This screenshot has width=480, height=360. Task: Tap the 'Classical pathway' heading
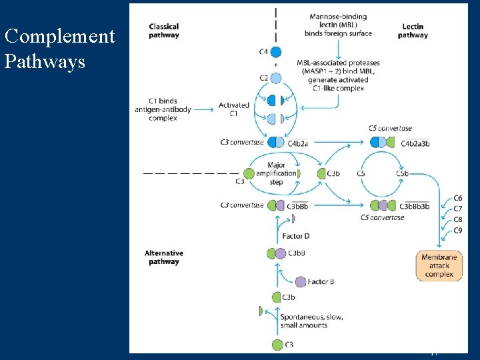tap(164, 31)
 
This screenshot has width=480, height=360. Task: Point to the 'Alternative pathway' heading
tap(164, 257)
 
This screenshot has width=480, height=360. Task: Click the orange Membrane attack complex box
tap(439, 265)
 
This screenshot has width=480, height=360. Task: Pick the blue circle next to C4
tap(276, 51)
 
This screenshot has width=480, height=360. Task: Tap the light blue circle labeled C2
tap(276, 78)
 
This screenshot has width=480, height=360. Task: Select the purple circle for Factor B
tap(301, 282)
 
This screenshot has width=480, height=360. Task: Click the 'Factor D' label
tap(296, 236)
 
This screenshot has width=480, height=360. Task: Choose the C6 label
tap(457, 198)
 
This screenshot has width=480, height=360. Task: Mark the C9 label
tap(457, 231)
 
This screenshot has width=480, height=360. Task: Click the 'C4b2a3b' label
tap(415, 143)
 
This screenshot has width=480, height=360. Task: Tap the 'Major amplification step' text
tap(281, 173)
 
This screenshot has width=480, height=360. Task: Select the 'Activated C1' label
tap(234, 109)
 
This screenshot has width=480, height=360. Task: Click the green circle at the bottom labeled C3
tap(277, 344)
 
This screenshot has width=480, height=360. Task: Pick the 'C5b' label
tap(402, 174)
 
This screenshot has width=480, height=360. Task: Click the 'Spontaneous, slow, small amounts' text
tap(312, 321)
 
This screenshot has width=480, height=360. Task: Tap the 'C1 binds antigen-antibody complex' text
tap(164, 109)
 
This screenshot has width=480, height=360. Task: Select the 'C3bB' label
tap(296, 253)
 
